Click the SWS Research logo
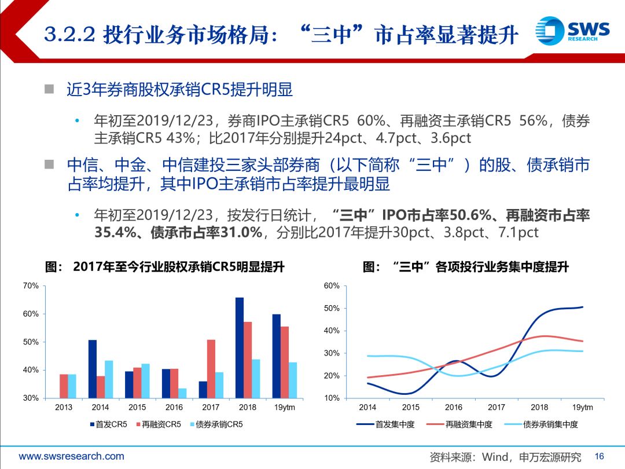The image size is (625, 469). [572, 30]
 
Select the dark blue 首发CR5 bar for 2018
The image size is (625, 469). [240, 347]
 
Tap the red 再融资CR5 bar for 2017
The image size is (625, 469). [211, 368]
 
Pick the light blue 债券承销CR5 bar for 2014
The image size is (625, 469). [109, 379]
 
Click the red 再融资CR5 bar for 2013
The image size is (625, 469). [64, 386]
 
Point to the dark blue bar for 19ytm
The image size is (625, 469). [277, 356]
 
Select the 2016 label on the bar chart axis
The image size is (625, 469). [174, 408]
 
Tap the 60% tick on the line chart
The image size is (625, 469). [332, 286]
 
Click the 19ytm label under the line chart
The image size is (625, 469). [583, 408]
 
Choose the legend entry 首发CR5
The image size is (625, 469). [108, 425]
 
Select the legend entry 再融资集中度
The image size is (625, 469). [462, 425]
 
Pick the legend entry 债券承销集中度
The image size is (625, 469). [544, 425]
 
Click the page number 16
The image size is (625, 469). [599, 456]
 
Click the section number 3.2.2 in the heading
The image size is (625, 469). [69, 35]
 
